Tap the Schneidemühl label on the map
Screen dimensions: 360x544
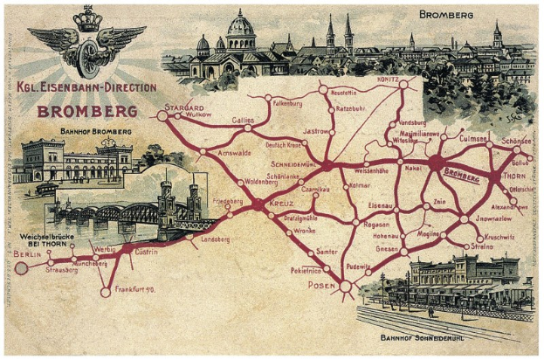(x=296, y=163)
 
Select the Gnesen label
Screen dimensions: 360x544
(x=388, y=248)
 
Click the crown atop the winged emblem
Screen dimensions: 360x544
(x=87, y=19)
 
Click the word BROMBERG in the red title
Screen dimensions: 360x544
(x=86, y=112)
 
